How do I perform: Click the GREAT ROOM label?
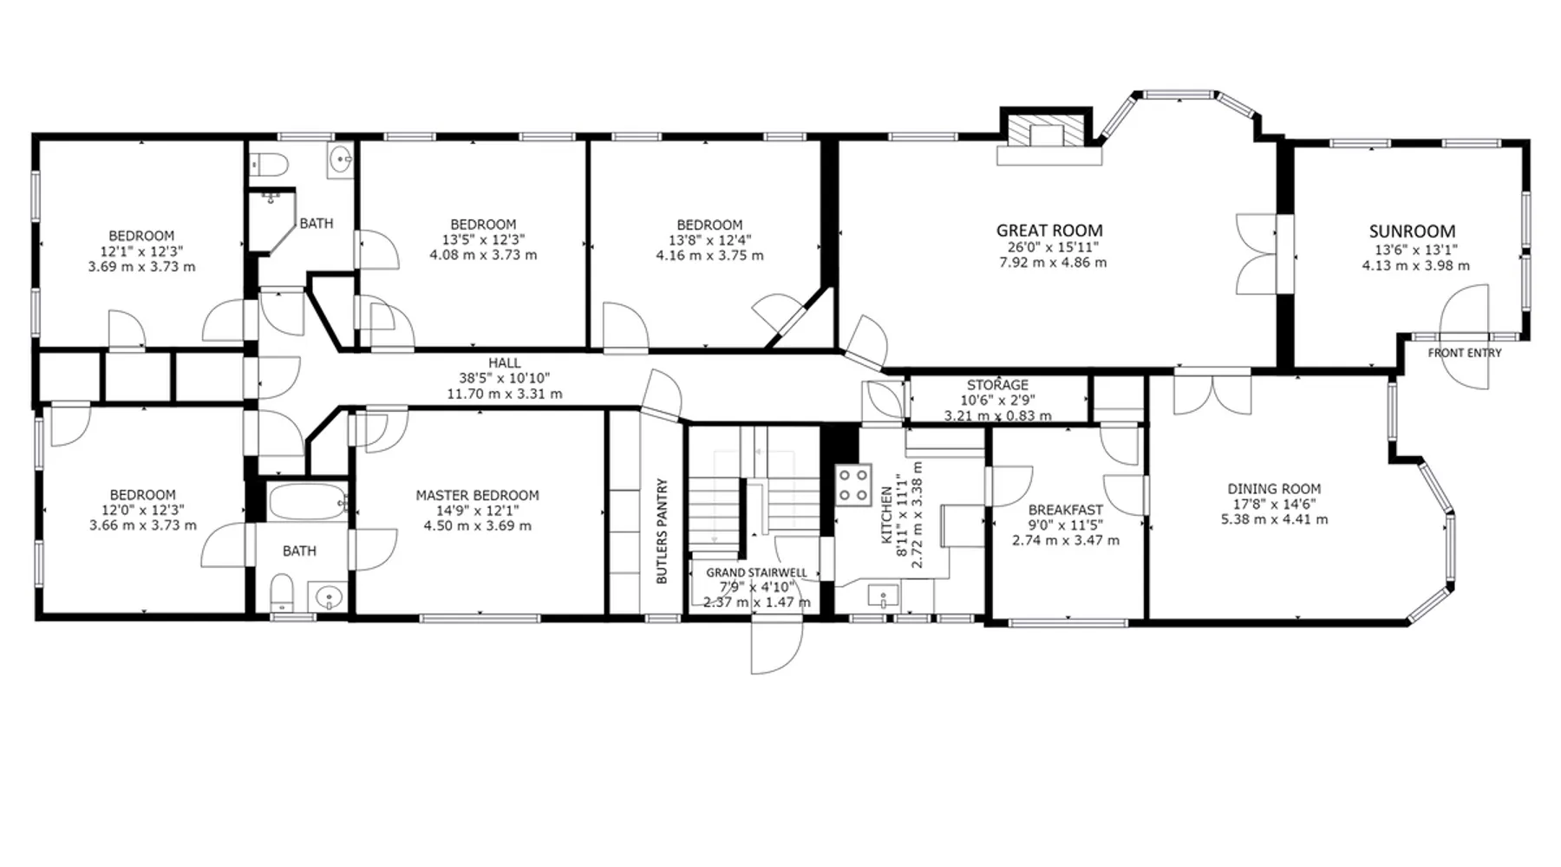click(1049, 231)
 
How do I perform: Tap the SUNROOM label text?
click(1412, 231)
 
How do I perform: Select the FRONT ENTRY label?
click(1465, 353)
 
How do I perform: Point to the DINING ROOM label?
click(1274, 489)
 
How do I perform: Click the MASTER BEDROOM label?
click(477, 496)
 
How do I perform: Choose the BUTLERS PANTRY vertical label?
click(662, 531)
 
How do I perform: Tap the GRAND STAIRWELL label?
click(756, 573)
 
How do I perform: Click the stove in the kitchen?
click(853, 486)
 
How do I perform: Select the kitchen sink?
click(884, 596)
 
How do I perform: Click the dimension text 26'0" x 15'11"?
click(1050, 247)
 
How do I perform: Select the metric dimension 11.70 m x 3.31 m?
click(504, 394)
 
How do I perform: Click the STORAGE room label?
click(997, 385)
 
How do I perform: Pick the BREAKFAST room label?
click(1066, 510)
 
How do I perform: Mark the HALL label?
click(504, 363)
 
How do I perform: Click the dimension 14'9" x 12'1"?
click(477, 511)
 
